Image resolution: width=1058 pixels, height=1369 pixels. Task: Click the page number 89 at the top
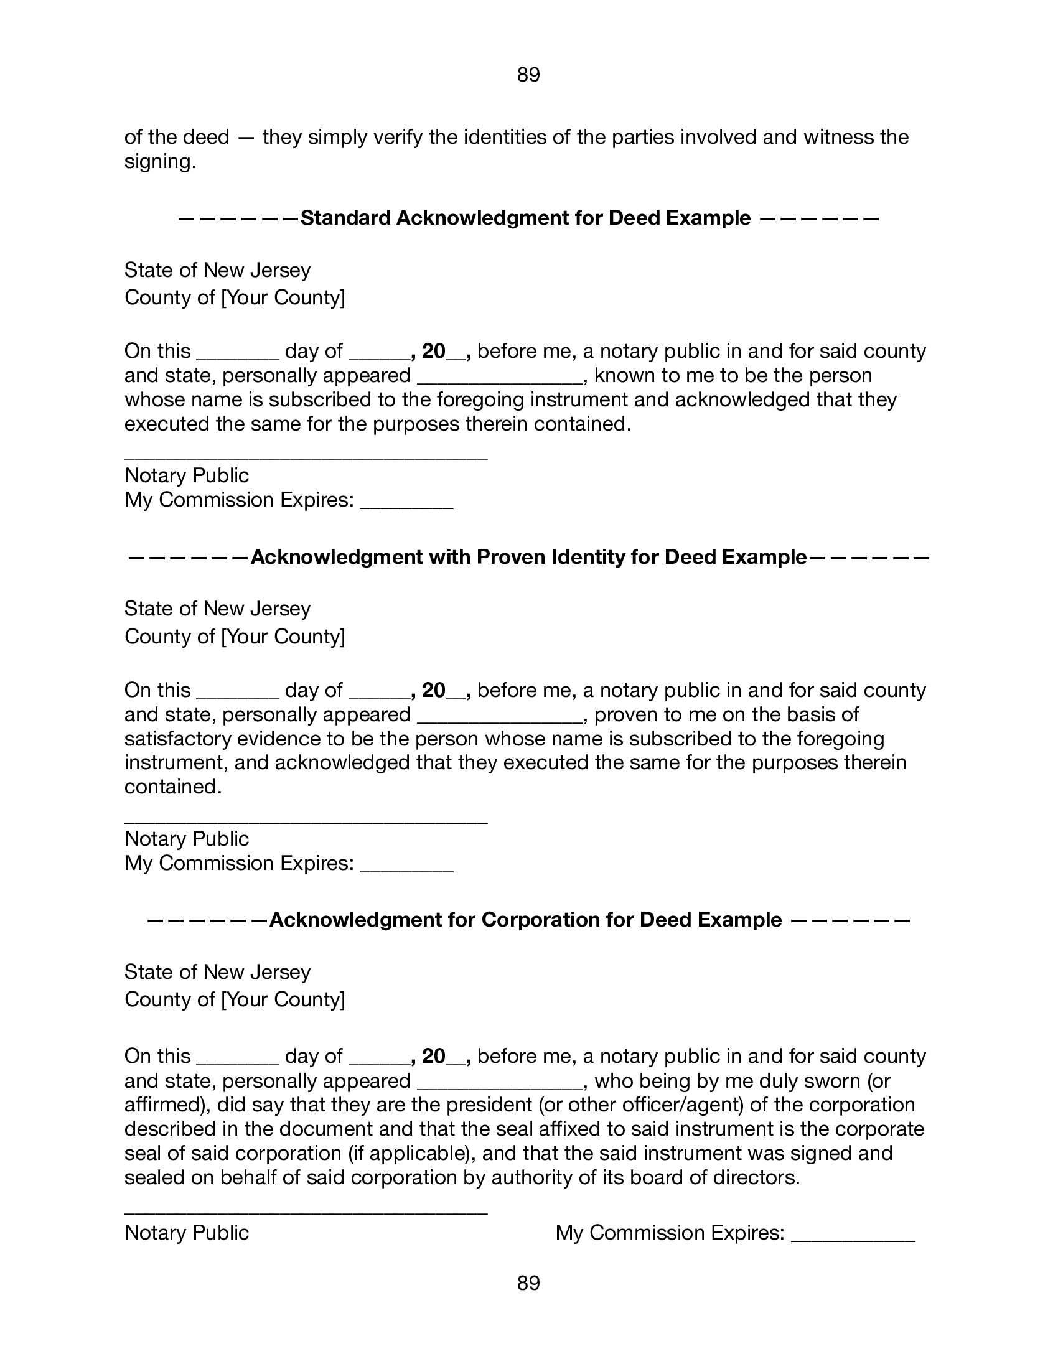point(528,75)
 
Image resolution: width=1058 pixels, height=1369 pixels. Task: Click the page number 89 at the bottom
point(528,1283)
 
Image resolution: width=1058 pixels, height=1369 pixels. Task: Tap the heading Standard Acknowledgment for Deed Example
point(525,218)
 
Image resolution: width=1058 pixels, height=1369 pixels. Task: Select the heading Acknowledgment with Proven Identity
point(528,557)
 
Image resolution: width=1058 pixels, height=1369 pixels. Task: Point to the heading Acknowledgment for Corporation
point(525,920)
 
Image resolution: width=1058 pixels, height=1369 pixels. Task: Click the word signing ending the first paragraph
point(160,162)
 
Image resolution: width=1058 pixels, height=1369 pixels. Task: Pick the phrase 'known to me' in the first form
point(649,375)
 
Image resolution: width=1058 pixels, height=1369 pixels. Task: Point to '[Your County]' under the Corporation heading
point(283,999)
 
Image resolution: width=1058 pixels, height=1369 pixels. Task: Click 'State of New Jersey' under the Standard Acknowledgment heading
point(217,270)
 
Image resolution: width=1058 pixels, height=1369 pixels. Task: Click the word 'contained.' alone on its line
point(173,787)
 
